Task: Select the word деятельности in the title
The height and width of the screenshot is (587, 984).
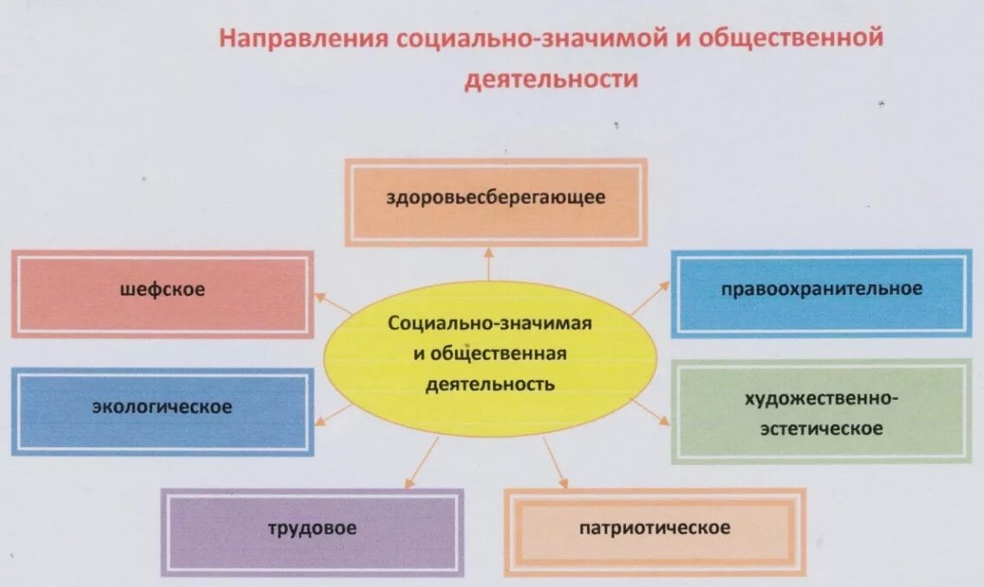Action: point(551,80)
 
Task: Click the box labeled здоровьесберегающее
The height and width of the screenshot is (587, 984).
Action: point(496,201)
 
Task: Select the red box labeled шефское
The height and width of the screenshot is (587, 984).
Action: point(163,293)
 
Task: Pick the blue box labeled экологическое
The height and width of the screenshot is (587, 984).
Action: point(163,411)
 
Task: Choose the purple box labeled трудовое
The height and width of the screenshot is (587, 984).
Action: point(312,532)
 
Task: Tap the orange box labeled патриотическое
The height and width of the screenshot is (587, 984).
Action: point(655,532)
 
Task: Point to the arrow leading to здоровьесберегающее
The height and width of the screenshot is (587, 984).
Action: point(488,264)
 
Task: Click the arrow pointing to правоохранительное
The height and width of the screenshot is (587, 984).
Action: point(649,297)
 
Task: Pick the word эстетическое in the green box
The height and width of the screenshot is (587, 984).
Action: point(821,428)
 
